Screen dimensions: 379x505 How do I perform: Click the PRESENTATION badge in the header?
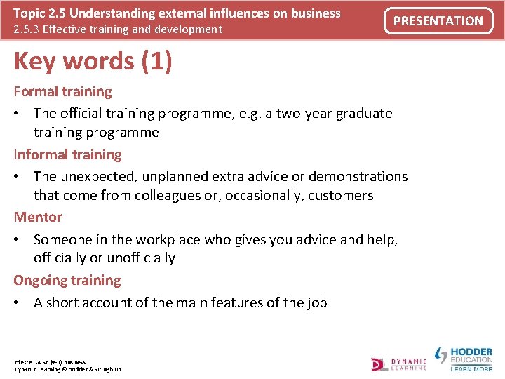click(438, 21)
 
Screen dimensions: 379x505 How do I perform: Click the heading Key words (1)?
click(93, 62)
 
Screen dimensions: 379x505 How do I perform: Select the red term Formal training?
click(62, 91)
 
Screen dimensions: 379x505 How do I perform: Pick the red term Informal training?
click(67, 154)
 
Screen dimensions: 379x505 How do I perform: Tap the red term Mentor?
click(38, 217)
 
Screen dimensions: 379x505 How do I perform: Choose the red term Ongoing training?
click(67, 280)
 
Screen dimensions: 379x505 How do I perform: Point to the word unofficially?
click(133, 258)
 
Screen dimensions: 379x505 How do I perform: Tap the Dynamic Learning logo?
click(399, 363)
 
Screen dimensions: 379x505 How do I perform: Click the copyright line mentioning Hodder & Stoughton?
click(68, 369)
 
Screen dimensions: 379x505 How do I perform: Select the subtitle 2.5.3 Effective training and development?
click(118, 29)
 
